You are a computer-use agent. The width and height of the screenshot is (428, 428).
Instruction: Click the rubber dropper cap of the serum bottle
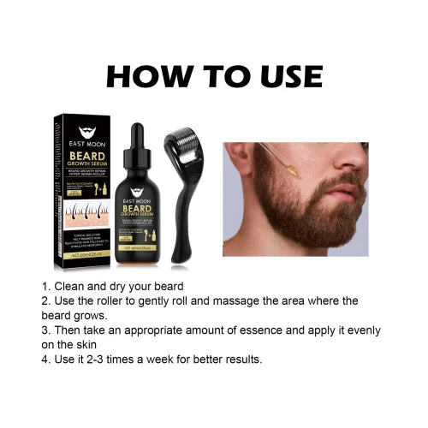pyautogui.click(x=136, y=135)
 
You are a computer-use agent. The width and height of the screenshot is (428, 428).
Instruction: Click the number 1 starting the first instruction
pyautogui.click(x=44, y=286)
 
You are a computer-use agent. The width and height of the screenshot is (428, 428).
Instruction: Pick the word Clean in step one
pyautogui.click(x=71, y=286)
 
